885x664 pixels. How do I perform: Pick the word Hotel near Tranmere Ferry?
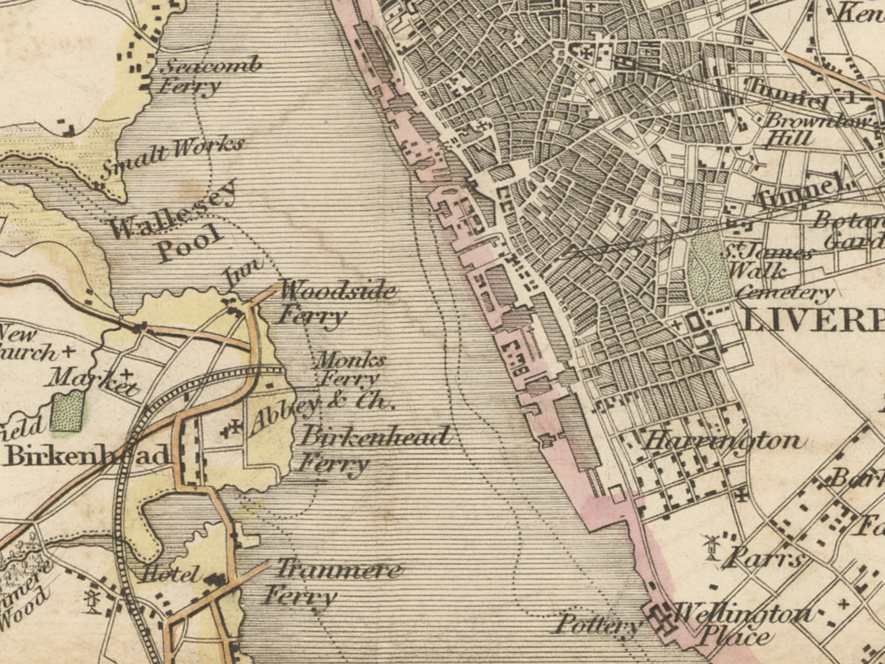click(170, 575)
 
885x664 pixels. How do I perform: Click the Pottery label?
click(598, 624)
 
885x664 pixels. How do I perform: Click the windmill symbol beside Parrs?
click(711, 547)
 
